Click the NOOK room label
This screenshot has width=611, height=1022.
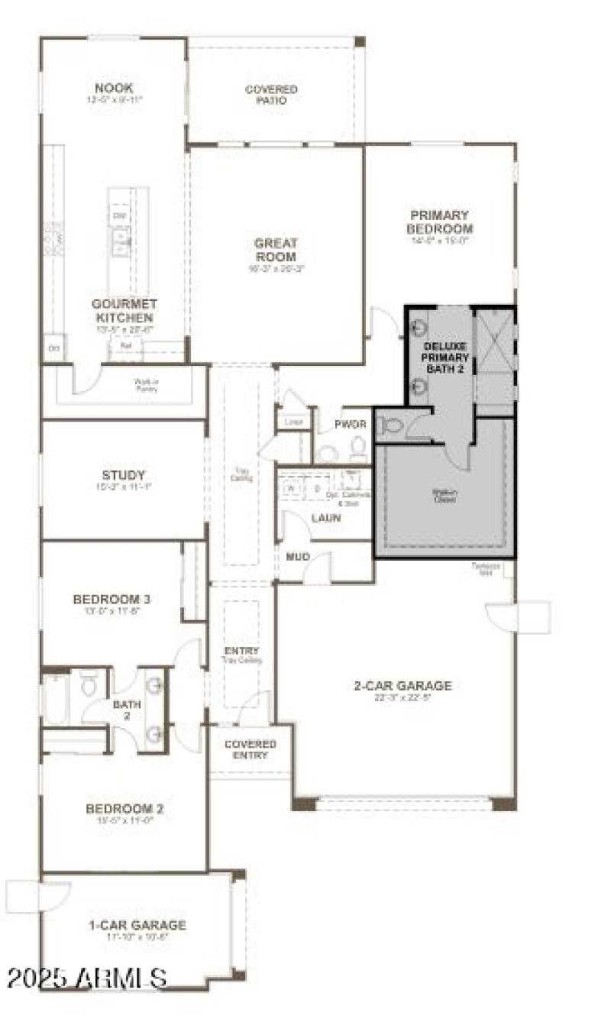pos(114,89)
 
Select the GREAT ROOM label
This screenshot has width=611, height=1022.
pos(276,250)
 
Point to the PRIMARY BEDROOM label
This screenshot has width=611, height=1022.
pos(439,222)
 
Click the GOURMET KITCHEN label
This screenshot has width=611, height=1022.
pos(124,310)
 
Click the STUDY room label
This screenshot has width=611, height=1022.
pos(123,475)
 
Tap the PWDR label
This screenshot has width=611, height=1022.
pos(351,424)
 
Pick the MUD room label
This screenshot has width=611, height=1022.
pos(297,557)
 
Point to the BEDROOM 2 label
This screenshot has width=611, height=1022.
pos(124,809)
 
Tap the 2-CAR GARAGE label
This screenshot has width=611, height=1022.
pos(402,686)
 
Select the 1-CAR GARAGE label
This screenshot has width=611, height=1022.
pos(137,926)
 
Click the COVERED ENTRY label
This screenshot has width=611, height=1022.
pos(251,749)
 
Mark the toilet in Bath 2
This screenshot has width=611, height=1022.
pos(89,684)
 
